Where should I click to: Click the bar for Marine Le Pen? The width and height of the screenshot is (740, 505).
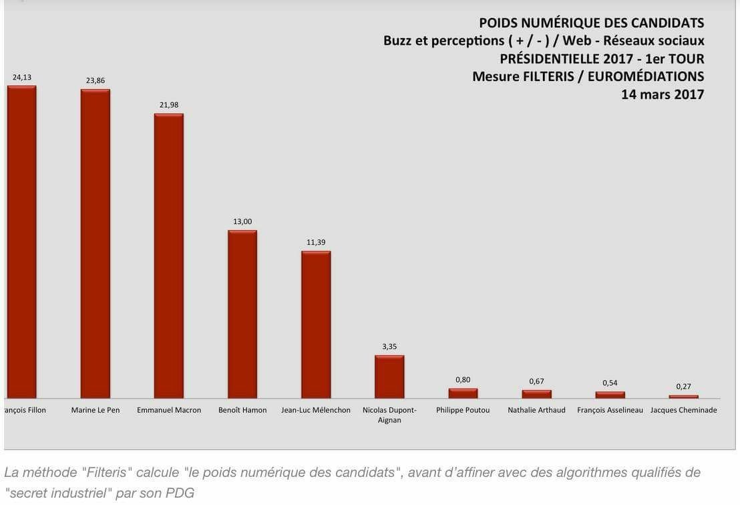[96, 243]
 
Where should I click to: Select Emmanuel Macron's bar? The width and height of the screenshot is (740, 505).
[169, 256]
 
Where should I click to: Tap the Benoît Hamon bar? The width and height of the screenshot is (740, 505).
[242, 314]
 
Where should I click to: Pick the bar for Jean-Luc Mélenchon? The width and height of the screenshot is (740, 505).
[316, 324]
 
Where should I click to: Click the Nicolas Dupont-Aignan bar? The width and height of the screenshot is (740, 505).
[389, 377]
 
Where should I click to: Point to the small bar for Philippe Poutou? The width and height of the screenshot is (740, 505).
[463, 393]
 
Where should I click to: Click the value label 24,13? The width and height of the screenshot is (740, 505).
[22, 77]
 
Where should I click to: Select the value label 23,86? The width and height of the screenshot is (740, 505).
[96, 80]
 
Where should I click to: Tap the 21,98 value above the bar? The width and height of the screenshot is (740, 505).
[169, 104]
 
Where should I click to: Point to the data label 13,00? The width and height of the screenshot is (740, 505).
[242, 221]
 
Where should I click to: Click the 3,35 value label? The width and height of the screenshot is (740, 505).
[389, 346]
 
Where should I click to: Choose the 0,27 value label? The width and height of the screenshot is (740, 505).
[683, 387]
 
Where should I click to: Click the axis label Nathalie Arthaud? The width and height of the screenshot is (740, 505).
[536, 410]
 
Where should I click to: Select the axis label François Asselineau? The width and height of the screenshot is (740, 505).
[610, 410]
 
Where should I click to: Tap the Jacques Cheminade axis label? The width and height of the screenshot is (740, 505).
[683, 410]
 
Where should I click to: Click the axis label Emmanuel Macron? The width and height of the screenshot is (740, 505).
[169, 410]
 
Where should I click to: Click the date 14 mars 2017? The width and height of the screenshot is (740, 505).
[663, 94]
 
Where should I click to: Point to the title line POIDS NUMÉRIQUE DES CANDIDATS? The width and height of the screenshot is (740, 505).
[592, 23]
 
